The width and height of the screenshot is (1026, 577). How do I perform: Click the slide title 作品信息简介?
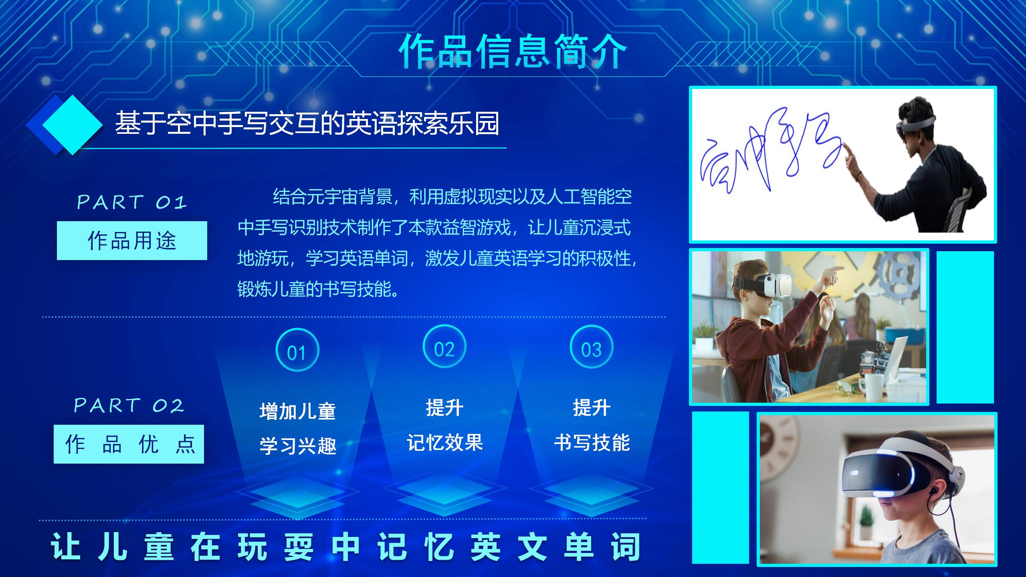pyautogui.click(x=512, y=51)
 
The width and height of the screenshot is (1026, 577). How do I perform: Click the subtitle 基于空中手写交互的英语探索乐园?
pyautogui.click(x=307, y=123)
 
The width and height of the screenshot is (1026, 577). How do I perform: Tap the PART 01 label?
pyautogui.click(x=132, y=202)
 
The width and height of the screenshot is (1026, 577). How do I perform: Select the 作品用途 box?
pyautogui.click(x=132, y=240)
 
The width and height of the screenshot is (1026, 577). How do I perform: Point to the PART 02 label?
pyautogui.click(x=129, y=406)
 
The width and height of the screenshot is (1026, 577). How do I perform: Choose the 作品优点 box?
pyautogui.click(x=129, y=444)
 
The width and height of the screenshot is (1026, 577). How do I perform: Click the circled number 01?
pyautogui.click(x=297, y=350)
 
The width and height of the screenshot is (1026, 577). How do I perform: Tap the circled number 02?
pyautogui.click(x=444, y=347)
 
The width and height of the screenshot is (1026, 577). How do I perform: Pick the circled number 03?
pyautogui.click(x=591, y=347)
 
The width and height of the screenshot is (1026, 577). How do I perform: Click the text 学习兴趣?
pyautogui.click(x=298, y=446)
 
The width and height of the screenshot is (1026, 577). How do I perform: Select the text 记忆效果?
pyautogui.click(x=445, y=442)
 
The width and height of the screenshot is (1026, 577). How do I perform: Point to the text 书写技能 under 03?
pyautogui.click(x=592, y=442)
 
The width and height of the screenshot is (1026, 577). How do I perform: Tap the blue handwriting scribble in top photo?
pyautogui.click(x=769, y=160)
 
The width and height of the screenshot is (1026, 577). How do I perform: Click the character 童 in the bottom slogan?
pyautogui.click(x=159, y=547)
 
